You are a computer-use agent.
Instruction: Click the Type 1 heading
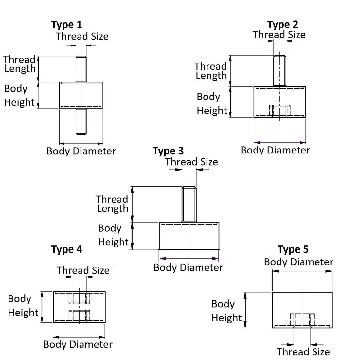coord(66,25)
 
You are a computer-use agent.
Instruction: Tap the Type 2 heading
coord(282,25)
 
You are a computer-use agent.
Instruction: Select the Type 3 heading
coord(168,151)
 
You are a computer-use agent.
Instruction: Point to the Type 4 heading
coord(66,249)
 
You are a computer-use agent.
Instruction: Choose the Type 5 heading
coord(293,249)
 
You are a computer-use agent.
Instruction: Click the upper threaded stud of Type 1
coord(81,69)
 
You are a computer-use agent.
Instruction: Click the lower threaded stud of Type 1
coord(81,121)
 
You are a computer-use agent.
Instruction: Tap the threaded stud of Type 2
coord(279,70)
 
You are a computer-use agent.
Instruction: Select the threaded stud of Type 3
coord(189,204)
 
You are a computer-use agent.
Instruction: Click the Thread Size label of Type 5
coord(303,352)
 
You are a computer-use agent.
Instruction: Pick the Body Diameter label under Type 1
coord(81,151)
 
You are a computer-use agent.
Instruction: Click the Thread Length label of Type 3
coord(112,204)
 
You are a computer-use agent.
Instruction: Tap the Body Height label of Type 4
coord(23,306)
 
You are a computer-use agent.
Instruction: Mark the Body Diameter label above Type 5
coord(298,262)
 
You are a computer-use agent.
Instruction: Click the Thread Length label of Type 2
coord(211,71)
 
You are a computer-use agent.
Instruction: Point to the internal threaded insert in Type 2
coord(279,110)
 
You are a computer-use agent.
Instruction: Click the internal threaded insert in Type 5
coord(302,319)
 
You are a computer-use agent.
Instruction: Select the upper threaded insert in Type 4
coord(79,298)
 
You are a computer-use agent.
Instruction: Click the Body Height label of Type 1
coord(19,95)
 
